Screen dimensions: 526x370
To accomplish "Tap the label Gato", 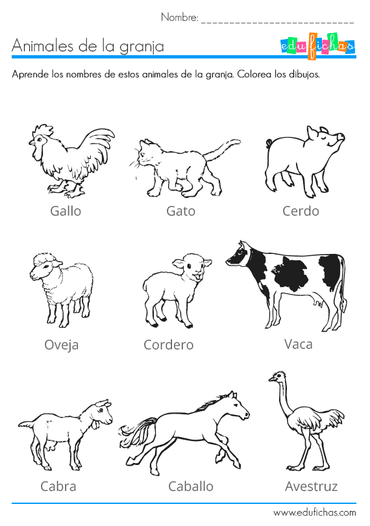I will point(180,211).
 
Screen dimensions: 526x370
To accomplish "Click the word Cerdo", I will point(301,211).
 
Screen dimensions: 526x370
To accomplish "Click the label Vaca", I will point(298,344).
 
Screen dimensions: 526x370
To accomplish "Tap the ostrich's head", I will point(277,377).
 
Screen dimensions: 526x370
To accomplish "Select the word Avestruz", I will point(311,486).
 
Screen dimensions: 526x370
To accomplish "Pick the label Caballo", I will point(190,486).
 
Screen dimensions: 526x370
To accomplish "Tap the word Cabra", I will point(58,486).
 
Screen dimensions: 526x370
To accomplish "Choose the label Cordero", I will point(168,345).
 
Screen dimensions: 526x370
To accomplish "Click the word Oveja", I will point(62,345).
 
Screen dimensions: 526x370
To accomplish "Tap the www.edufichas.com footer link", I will point(314,513).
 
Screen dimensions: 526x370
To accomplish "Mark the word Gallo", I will point(66,211).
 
